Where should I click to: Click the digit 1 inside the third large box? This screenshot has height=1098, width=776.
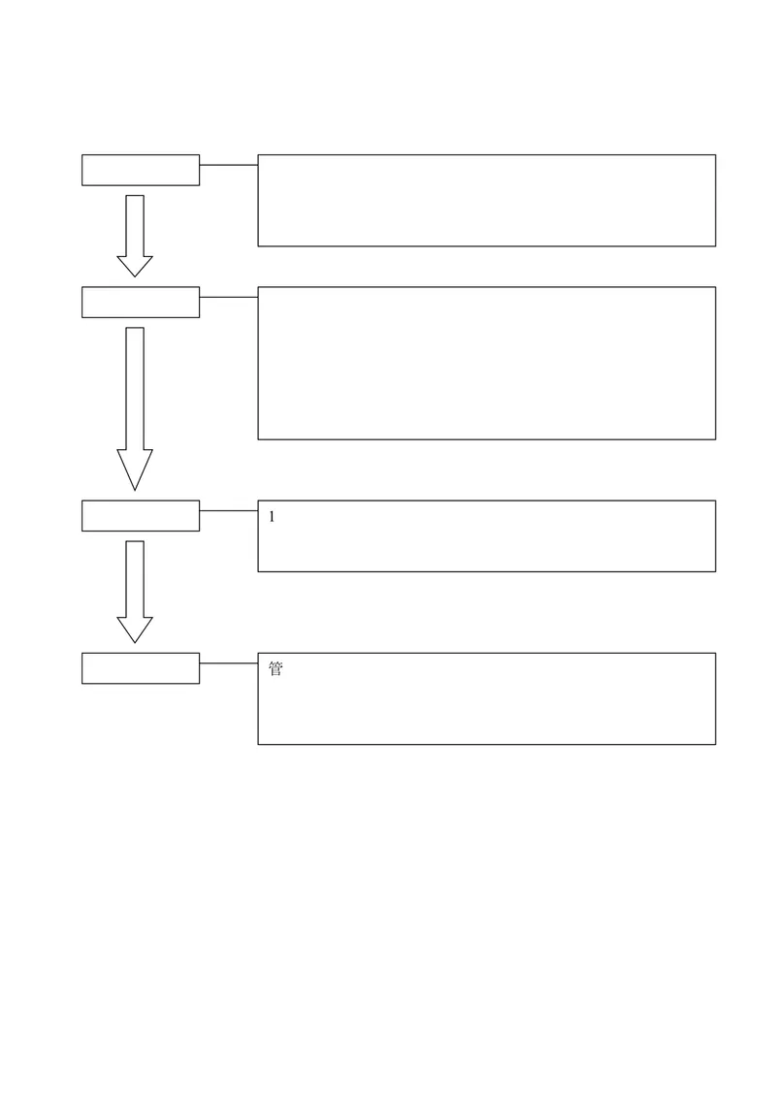272,517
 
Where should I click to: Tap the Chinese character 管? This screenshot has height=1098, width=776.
275,668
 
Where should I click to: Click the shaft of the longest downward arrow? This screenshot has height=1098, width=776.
127,389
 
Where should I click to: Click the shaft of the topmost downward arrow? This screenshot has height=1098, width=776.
127,226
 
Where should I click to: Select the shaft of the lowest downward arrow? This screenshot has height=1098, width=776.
127,579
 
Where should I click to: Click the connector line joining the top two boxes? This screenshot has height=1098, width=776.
229,165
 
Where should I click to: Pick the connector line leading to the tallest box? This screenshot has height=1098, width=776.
229,297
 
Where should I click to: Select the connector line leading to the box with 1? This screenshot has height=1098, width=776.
229,510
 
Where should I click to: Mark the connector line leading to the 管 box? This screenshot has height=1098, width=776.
229,663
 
